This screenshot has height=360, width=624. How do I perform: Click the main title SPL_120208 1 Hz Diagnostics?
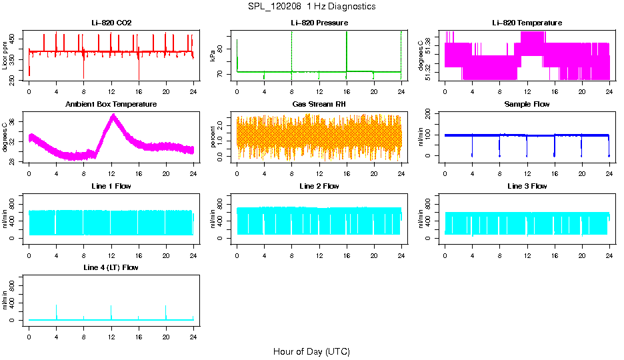point(311,6)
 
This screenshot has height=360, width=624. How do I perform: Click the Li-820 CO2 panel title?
point(111,23)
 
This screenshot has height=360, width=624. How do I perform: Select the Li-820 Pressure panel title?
point(319,23)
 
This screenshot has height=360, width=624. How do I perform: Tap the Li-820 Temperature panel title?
point(527,23)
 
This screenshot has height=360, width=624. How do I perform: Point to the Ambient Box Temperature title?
point(111,104)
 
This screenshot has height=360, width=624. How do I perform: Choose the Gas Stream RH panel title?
point(319,104)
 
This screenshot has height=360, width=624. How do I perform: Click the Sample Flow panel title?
point(527,104)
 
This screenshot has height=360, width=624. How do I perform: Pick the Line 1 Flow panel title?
point(111,186)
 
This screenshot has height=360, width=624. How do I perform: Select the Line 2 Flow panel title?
point(319,186)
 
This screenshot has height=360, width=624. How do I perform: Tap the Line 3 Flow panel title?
point(527,186)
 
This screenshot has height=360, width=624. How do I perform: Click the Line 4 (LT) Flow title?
point(111,267)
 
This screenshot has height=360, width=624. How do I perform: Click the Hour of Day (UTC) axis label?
point(311,351)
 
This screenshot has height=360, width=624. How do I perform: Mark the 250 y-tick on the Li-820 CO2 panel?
point(15,79)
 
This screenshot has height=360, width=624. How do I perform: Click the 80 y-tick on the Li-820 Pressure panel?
point(223,46)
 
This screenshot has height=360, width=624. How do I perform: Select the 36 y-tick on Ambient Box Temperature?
point(15,121)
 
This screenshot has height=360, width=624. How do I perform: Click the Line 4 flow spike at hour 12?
point(111,307)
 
